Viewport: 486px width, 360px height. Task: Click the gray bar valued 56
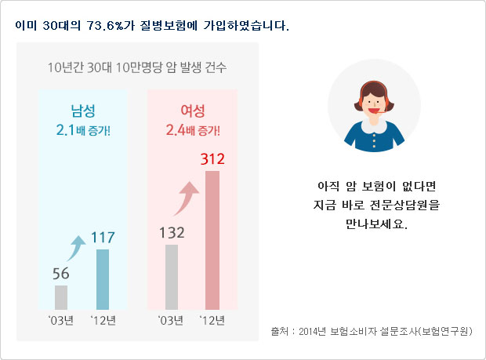61,297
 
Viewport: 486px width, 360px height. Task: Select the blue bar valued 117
103,279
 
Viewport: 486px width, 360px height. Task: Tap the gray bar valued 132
172,277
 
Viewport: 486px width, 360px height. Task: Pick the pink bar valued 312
212,240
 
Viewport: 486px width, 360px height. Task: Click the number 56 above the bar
61,274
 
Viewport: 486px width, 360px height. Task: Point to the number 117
103,236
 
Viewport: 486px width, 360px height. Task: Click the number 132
172,232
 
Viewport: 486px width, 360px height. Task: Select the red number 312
212,158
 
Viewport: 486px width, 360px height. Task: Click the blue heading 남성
82,111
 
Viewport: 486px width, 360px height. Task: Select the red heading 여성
192,111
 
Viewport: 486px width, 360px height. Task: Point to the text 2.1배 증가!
83,129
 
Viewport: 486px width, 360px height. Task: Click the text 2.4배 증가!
193,129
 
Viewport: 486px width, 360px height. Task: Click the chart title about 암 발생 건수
137,67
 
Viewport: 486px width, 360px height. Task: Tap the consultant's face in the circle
374,104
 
